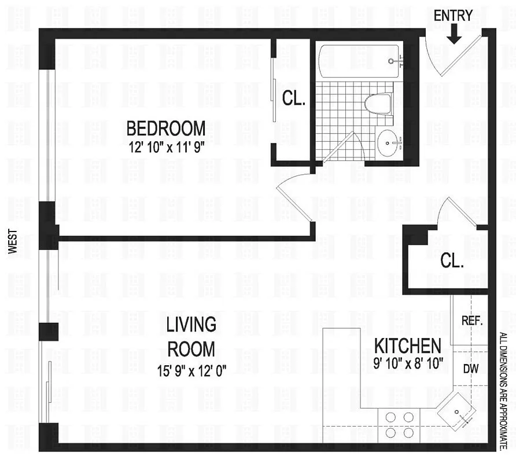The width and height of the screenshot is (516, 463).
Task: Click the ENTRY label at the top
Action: [x=453, y=15]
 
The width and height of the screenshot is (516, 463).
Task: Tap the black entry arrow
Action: [x=454, y=36]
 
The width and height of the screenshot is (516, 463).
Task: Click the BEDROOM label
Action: [x=165, y=127]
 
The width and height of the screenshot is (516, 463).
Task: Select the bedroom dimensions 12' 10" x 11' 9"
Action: [x=168, y=146]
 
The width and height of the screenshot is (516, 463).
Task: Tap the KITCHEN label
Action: [x=408, y=347]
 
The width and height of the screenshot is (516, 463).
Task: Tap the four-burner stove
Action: [x=400, y=424]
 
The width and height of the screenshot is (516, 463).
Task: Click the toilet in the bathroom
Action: [x=378, y=104]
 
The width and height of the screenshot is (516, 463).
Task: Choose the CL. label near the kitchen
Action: [x=452, y=261]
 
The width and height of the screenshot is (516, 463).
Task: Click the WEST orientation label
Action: [x=13, y=242]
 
